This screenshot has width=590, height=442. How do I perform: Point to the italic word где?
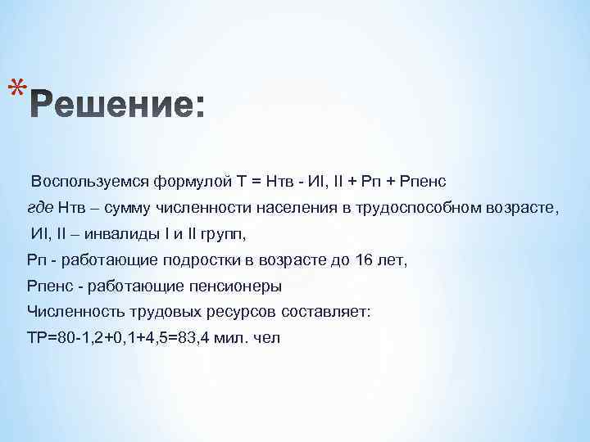39,207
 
